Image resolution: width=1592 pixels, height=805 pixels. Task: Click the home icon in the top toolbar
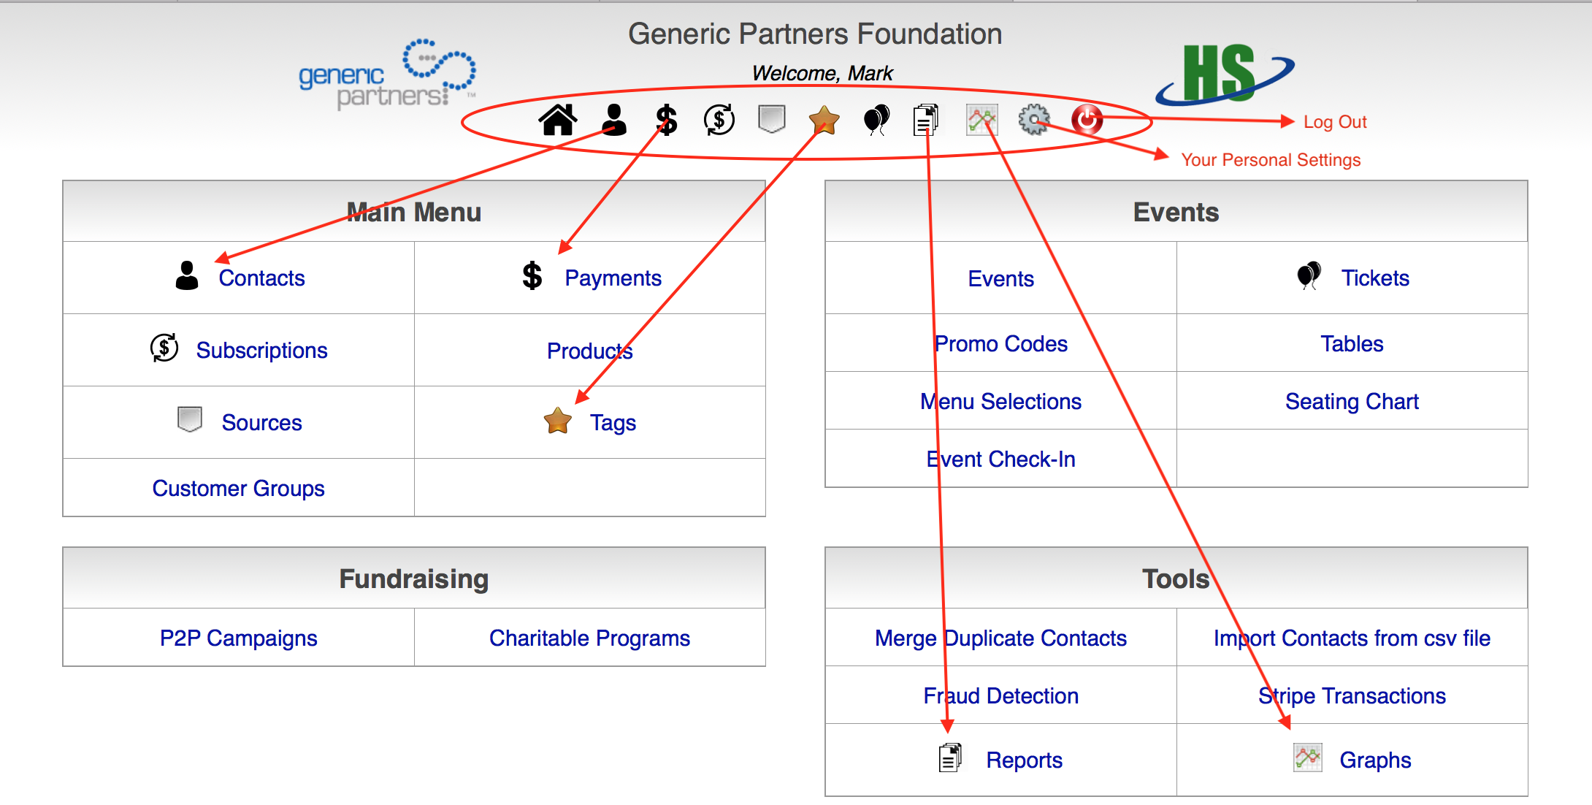click(x=558, y=120)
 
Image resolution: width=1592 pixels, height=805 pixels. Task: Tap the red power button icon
click(x=1086, y=119)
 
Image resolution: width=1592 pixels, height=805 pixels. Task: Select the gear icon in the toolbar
click(x=1033, y=119)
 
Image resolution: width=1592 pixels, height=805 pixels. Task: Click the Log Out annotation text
click(x=1335, y=122)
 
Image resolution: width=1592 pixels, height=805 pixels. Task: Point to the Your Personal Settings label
click(x=1271, y=160)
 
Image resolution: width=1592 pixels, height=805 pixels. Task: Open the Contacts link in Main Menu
click(x=261, y=278)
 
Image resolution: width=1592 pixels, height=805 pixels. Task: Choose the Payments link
click(x=613, y=278)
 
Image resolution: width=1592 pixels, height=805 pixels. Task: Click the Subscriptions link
click(x=261, y=351)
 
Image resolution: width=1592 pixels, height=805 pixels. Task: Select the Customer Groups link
click(x=238, y=489)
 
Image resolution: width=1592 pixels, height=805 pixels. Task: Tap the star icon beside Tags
click(x=558, y=421)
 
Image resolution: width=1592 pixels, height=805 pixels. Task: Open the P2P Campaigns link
click(x=238, y=638)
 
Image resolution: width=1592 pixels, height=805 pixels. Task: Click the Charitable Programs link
click(x=589, y=638)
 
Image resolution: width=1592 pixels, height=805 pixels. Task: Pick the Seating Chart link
click(x=1352, y=402)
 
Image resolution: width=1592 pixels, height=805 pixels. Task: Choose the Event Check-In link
click(x=1000, y=459)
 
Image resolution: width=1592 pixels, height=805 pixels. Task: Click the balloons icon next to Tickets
click(x=1309, y=275)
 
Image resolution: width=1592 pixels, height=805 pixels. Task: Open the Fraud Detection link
click(x=1000, y=696)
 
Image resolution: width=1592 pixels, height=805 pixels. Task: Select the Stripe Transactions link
click(x=1352, y=696)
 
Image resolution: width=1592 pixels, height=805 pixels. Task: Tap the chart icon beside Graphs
click(x=1307, y=758)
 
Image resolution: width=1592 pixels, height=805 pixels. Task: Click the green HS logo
click(x=1220, y=73)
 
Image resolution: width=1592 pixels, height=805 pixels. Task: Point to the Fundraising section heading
click(x=413, y=579)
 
